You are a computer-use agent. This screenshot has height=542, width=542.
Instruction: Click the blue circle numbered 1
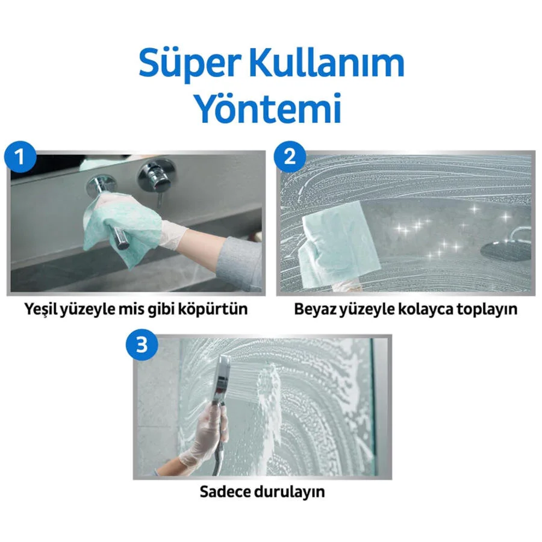[x=20, y=157]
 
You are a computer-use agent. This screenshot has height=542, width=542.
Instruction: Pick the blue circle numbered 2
[x=290, y=157]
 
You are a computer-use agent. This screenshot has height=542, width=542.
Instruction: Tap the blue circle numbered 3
[x=142, y=344]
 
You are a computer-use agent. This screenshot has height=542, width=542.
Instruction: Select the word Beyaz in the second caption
[x=314, y=309]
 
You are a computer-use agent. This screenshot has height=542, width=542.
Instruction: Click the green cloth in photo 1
[x=121, y=225]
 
